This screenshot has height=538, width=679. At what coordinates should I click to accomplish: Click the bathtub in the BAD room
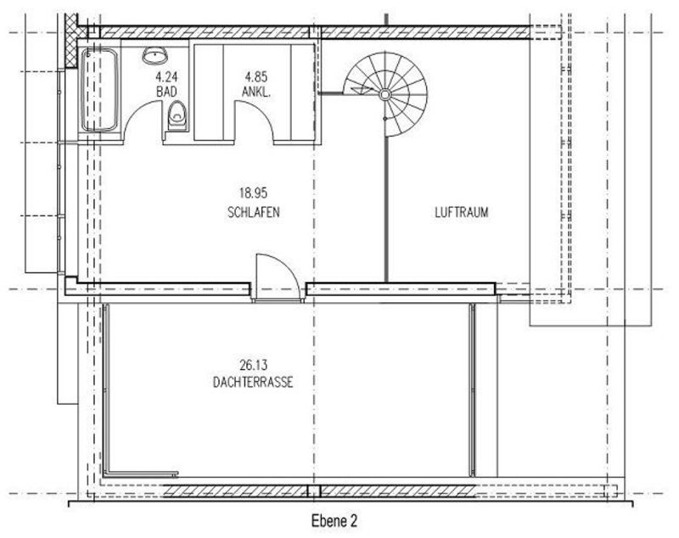click(x=99, y=90)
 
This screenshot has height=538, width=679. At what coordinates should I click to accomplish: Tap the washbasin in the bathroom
click(x=155, y=55)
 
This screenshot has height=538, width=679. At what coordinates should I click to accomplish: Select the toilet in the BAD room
click(x=177, y=115)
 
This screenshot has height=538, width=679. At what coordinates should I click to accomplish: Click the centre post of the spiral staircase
click(x=384, y=94)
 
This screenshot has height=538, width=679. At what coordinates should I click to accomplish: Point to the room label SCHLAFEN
click(x=253, y=212)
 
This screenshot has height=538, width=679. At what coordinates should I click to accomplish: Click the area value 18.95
click(x=253, y=192)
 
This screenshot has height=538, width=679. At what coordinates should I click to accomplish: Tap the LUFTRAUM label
click(x=462, y=212)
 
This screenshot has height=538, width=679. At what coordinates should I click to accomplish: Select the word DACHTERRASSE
click(x=253, y=382)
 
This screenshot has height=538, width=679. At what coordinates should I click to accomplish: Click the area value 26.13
click(x=253, y=365)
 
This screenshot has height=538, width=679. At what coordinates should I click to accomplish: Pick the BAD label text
click(x=166, y=92)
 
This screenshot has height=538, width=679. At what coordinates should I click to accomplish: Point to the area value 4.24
click(x=166, y=77)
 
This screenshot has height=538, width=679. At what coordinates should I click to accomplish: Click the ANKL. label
click(x=256, y=92)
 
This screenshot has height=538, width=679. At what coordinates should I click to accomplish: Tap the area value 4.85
click(x=256, y=77)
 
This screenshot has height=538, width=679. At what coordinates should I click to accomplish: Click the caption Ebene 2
click(x=334, y=521)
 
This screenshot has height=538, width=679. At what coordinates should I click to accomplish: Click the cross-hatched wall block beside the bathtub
click(x=71, y=40)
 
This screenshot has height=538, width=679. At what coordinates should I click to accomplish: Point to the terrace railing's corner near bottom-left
click(x=107, y=474)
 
